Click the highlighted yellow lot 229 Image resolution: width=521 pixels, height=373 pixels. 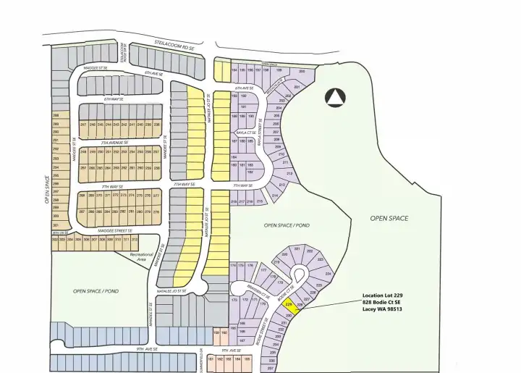[x=289, y=306]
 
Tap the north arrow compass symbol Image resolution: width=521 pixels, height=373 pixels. [x=334, y=96]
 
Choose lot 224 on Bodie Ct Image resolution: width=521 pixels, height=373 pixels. [x=329, y=274]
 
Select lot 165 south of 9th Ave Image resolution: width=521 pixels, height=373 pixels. [x=247, y=359]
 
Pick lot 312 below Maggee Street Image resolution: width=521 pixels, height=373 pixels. [x=134, y=239]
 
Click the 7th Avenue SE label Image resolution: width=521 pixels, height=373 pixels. [x=117, y=143]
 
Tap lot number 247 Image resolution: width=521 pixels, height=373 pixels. [x=83, y=125]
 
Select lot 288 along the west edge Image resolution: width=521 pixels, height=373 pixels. [x=55, y=116]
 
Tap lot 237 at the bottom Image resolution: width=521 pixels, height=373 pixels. [x=271, y=368]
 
